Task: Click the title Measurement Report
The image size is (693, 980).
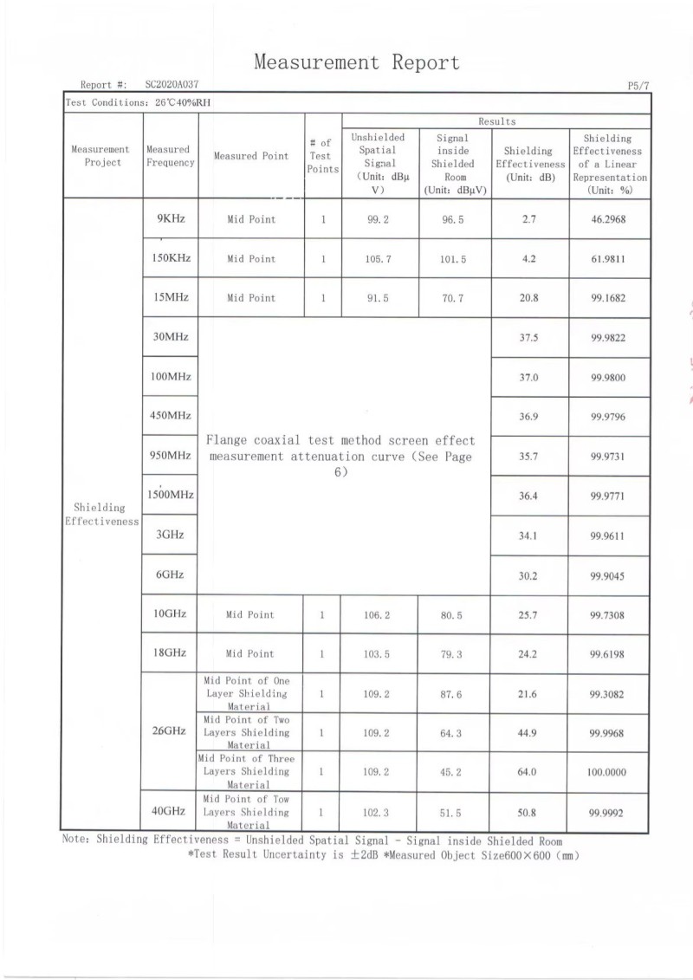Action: [356, 62]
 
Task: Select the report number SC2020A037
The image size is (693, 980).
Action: [172, 85]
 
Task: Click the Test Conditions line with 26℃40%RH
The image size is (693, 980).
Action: [139, 102]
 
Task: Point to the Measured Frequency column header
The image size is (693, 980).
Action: [170, 156]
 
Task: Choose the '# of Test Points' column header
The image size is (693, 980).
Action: [322, 156]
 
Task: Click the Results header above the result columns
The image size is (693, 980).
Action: [496, 122]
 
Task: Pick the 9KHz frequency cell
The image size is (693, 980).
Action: [171, 219]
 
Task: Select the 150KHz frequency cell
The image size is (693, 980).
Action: [171, 258]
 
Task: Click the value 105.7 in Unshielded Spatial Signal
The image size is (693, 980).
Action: [379, 259]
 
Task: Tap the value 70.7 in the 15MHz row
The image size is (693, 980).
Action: [453, 298]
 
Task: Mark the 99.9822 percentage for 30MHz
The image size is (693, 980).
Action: [608, 338]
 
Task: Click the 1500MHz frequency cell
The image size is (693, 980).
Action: [170, 496]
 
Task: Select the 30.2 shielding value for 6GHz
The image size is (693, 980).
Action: [528, 574]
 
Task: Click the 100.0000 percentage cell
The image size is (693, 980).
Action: [607, 772]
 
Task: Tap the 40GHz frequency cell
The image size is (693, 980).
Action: [169, 811]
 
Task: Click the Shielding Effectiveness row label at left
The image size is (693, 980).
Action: [101, 515]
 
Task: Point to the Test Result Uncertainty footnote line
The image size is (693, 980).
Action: [383, 855]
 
